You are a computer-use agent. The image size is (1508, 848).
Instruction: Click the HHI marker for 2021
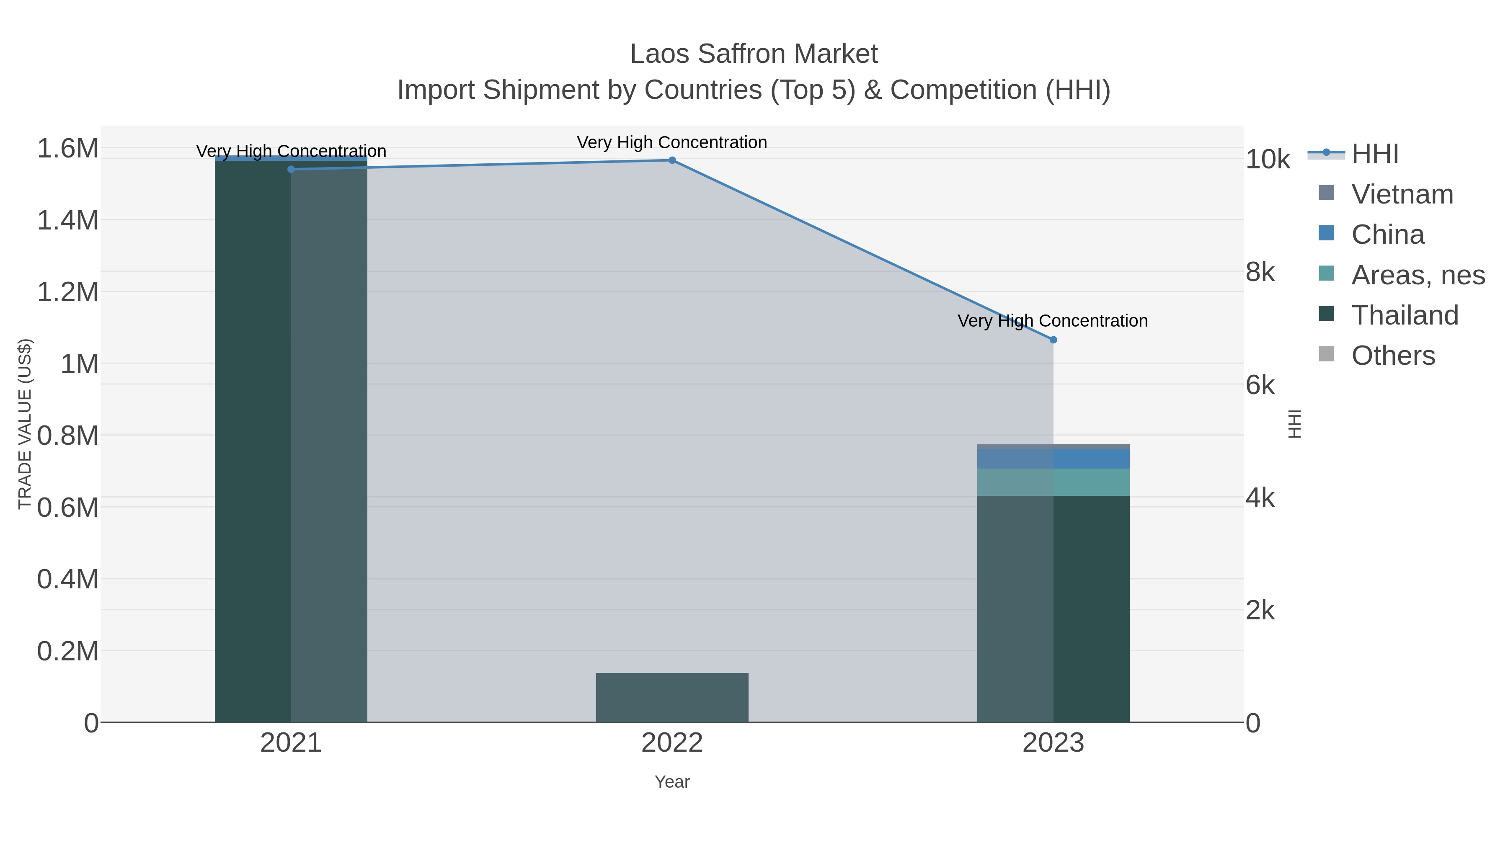coord(291,169)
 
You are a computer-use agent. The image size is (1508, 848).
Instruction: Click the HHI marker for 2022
coord(672,160)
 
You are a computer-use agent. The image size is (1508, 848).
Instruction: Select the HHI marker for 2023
coord(1053,340)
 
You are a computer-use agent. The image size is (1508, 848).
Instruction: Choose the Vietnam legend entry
coord(1402,194)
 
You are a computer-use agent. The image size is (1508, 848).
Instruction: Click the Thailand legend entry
coord(1405,315)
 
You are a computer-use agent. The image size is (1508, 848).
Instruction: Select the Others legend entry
coord(1393,355)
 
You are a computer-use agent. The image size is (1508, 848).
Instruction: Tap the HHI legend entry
coord(1374,154)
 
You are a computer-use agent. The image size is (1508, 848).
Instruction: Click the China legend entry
coord(1387,235)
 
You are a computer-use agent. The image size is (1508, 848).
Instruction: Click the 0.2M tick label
coord(68,651)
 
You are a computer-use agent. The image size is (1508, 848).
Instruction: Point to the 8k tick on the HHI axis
coord(1260,272)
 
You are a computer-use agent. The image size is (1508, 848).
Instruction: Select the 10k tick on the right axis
coord(1268,159)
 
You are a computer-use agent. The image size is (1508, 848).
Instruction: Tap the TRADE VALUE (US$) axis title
coord(25,424)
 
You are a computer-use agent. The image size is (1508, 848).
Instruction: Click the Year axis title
coord(672,782)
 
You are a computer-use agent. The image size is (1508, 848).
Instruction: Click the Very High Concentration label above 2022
coord(672,142)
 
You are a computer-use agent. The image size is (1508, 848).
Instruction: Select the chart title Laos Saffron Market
coord(754,54)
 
